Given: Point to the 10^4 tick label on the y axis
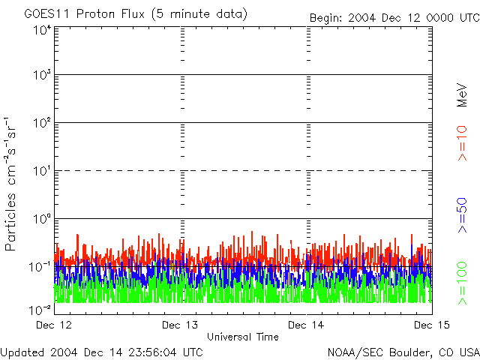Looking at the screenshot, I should point(42,30).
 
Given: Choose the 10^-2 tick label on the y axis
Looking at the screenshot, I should point(41,310).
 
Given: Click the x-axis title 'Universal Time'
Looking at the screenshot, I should point(243,337).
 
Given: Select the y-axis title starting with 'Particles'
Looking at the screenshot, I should point(13,184).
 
